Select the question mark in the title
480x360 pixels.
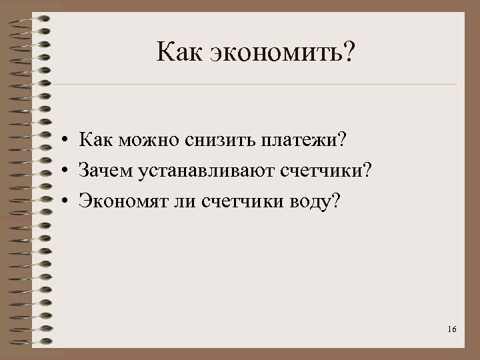tap(351, 52)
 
